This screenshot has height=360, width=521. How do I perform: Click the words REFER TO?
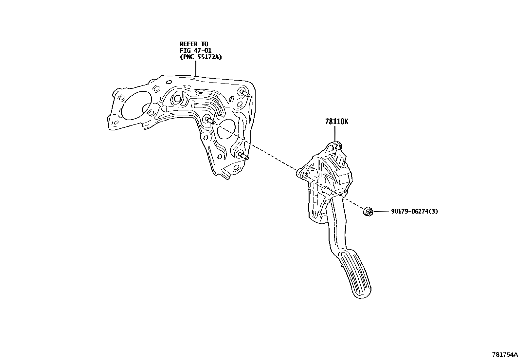pyautogui.click(x=194, y=44)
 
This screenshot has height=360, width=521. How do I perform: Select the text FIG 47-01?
pyautogui.click(x=195, y=50)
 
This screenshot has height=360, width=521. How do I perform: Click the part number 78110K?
pyautogui.click(x=337, y=122)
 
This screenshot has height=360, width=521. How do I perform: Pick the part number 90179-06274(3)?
pyautogui.click(x=414, y=212)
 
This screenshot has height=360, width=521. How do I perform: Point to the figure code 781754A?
pyautogui.click(x=505, y=355)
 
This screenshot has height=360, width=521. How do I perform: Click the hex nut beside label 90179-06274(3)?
pyautogui.click(x=368, y=212)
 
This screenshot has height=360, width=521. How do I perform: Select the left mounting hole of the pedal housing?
pyautogui.click(x=303, y=175)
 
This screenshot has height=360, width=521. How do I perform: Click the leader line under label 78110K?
pyautogui.click(x=335, y=134)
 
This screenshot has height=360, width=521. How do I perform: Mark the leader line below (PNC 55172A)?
pyautogui.click(x=195, y=68)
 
